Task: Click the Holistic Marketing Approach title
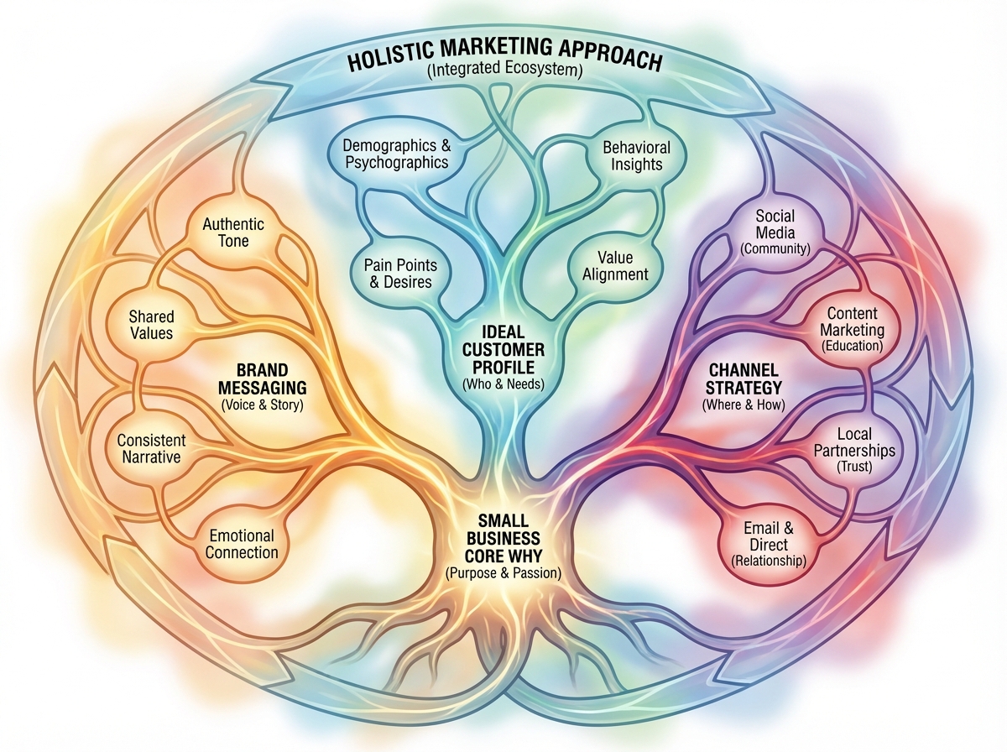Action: pyautogui.click(x=503, y=61)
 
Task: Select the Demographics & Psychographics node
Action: pyautogui.click(x=395, y=154)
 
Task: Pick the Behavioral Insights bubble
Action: pyautogui.click(x=632, y=155)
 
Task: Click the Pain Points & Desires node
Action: pyautogui.click(x=401, y=274)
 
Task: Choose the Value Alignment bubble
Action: pyautogui.click(x=610, y=265)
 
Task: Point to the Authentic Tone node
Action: pyautogui.click(x=233, y=232)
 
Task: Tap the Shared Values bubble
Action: pyautogui.click(x=151, y=325)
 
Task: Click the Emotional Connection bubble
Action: pyautogui.click(x=242, y=544)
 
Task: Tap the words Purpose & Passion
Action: pyautogui.click(x=503, y=573)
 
